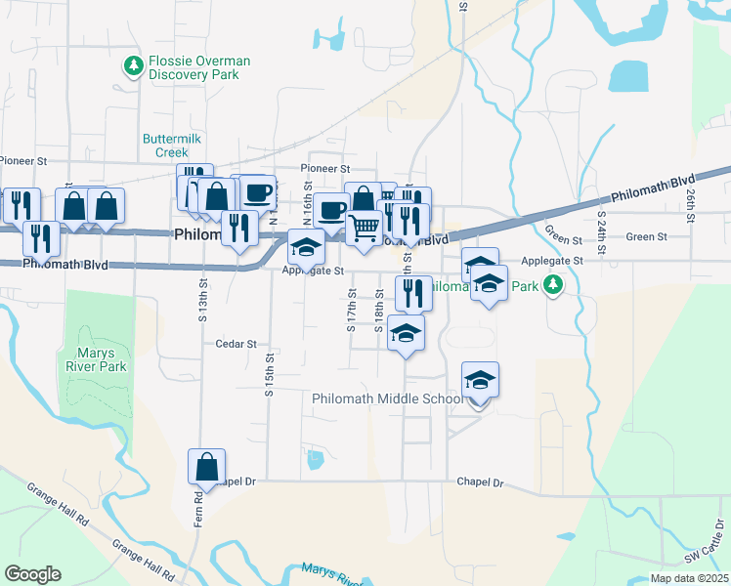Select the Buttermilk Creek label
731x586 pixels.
(172, 146)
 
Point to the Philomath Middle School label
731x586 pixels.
(386, 398)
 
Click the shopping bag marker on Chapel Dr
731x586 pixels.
(207, 468)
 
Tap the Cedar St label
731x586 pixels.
(236, 344)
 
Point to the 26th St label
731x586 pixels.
(689, 203)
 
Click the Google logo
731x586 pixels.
(32, 574)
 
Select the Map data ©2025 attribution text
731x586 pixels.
(688, 578)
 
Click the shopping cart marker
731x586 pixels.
(364, 229)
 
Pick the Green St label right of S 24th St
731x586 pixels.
(646, 236)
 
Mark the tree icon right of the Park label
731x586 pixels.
(554, 285)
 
